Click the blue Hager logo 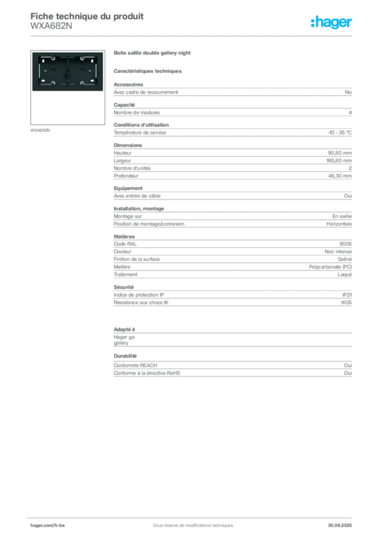[332, 23]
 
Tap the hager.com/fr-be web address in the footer [48, 525]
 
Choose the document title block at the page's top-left [86, 21]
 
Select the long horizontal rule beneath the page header [192, 36]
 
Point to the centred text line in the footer [188, 522]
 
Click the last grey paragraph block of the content [232, 370]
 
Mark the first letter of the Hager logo [313, 23]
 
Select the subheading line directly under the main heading [149, 71]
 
